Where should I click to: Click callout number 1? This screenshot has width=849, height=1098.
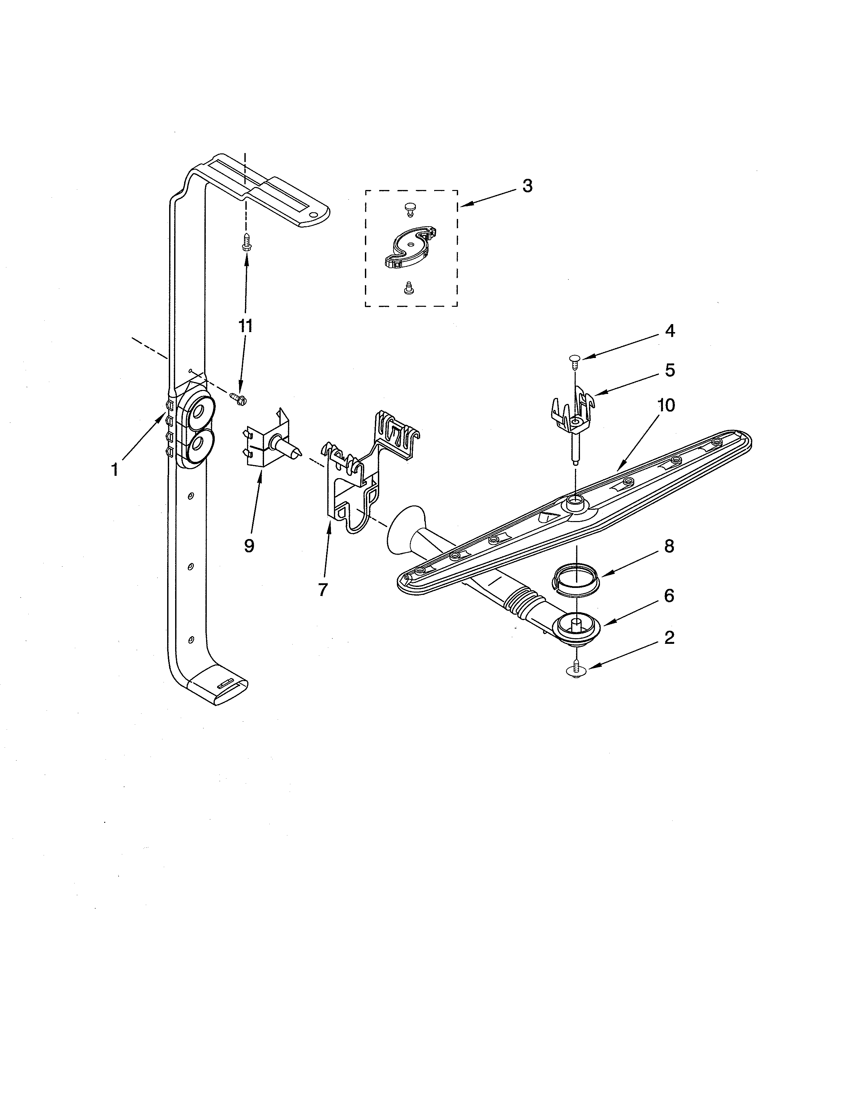(x=115, y=470)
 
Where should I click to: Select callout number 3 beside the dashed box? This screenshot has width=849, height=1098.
(x=527, y=186)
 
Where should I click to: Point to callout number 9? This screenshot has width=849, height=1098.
(x=249, y=545)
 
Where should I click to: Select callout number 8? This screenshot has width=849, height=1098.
(x=669, y=546)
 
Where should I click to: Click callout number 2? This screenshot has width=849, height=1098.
(x=669, y=638)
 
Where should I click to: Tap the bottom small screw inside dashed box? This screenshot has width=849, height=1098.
(x=409, y=287)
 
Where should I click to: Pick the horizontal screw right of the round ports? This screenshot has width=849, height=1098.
(x=237, y=399)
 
